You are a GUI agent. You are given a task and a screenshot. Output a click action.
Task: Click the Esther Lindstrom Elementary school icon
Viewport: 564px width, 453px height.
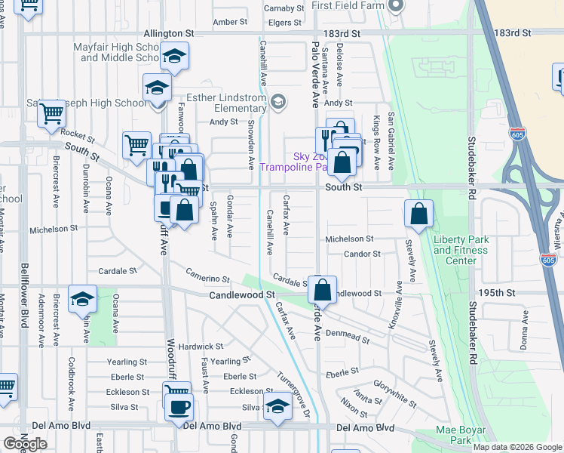(x=278, y=102)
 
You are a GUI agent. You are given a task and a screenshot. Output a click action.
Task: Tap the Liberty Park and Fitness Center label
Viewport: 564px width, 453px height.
(x=461, y=250)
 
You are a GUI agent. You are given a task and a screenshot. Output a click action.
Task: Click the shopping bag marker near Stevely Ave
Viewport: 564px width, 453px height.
(x=419, y=214)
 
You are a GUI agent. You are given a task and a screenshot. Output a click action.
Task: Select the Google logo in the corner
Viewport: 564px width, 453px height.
(x=24, y=444)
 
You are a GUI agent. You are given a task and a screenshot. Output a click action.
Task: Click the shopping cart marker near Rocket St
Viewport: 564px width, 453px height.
(x=51, y=113)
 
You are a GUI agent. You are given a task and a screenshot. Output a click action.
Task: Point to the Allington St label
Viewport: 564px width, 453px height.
(x=169, y=34)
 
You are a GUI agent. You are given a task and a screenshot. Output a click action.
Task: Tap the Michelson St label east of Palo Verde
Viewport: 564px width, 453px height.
(x=349, y=239)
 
